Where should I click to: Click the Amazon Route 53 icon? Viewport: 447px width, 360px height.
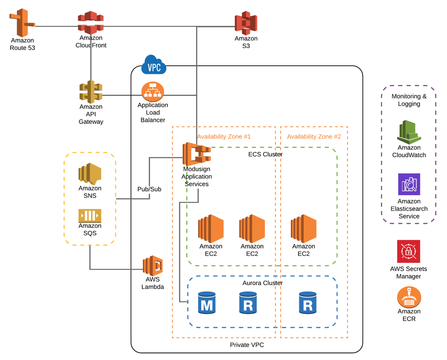point(22,23)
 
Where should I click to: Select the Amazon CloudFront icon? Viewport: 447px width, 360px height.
point(91,23)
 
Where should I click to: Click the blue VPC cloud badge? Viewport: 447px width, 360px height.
point(153,65)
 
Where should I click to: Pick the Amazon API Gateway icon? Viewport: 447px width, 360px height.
point(91,92)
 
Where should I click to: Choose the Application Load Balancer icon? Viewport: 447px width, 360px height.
point(153,92)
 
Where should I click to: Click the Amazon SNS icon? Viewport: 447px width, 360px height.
point(90,174)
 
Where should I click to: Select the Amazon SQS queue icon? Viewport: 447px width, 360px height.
point(90,216)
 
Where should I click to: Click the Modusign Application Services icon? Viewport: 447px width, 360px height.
point(197,154)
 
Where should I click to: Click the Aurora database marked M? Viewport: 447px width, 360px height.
point(207,303)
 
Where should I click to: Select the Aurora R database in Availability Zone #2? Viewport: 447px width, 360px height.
point(307,303)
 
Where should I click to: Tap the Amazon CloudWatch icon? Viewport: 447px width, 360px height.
point(409,132)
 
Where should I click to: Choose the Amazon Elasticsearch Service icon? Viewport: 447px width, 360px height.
point(409,184)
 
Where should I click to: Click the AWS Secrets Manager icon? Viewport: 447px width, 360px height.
point(409,252)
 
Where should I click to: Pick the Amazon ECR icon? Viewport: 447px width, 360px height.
point(409,297)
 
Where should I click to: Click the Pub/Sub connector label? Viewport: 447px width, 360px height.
point(149,189)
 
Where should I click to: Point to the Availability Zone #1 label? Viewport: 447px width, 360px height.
point(224,137)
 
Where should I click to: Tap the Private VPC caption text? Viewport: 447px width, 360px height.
point(247,345)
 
